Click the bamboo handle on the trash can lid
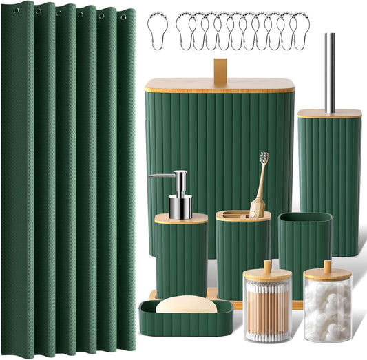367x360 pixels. click(x=220, y=72)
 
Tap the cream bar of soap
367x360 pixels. click(x=185, y=304)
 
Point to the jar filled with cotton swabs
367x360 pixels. click(x=268, y=310)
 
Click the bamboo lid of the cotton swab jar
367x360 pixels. click(x=267, y=273)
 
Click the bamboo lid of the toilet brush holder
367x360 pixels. click(x=329, y=113)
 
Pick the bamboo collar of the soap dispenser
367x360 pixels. click(x=181, y=219)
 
